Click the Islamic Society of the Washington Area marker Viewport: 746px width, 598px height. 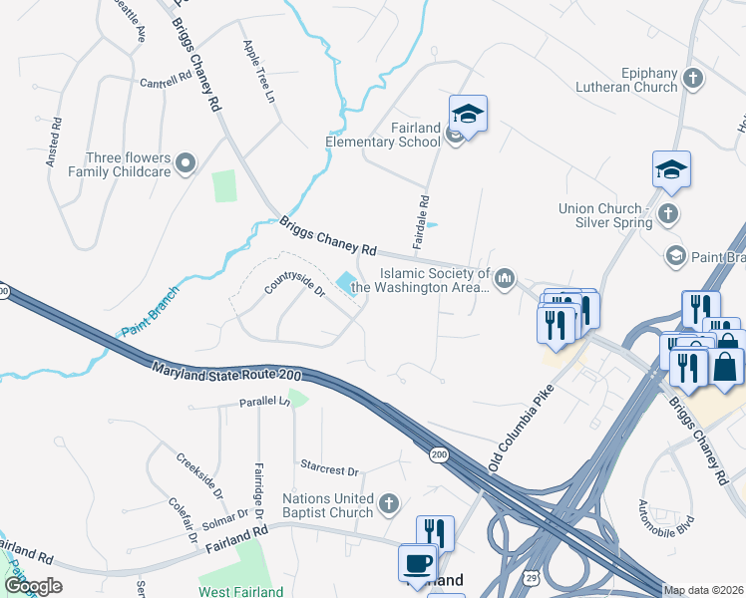pyautogui.click(x=505, y=277)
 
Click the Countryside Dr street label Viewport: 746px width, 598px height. pyautogui.click(x=294, y=290)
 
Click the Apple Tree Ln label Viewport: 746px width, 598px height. pyautogui.click(x=258, y=73)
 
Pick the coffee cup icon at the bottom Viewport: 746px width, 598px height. pyautogui.click(x=417, y=563)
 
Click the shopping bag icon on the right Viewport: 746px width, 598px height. pyautogui.click(x=727, y=366)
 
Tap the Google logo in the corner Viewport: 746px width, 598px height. pyautogui.click(x=33, y=586)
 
